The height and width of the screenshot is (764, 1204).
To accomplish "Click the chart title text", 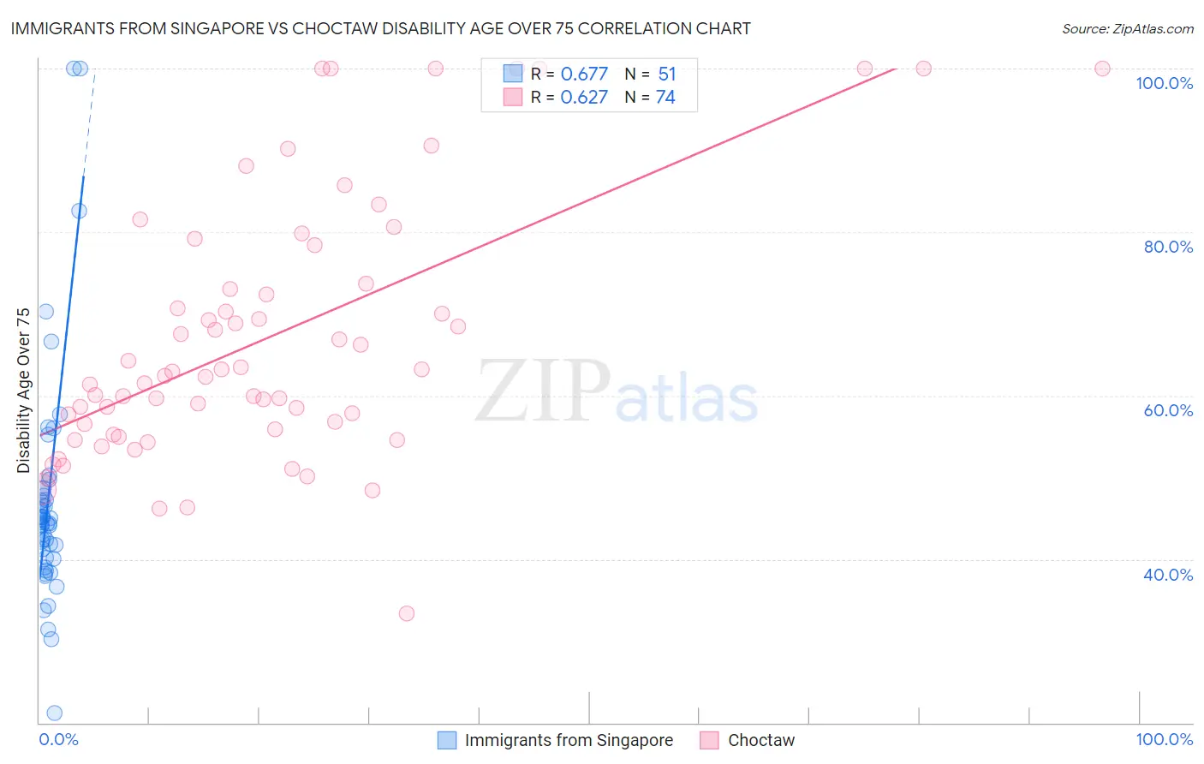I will [380, 28].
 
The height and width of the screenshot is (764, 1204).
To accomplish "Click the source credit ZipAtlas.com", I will [1127, 28].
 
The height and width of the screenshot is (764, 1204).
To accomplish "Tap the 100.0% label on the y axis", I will [1164, 83].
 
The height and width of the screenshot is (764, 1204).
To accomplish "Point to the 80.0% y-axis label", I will [1168, 247].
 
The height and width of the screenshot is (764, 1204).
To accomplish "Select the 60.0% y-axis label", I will [1168, 410].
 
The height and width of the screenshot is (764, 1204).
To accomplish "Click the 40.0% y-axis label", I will [1168, 575].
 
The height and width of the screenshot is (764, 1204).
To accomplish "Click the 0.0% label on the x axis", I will [58, 739].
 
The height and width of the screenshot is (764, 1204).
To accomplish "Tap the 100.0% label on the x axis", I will [1164, 739].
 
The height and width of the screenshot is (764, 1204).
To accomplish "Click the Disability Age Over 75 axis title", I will [23, 390].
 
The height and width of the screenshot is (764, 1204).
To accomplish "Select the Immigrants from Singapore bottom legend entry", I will [568, 740].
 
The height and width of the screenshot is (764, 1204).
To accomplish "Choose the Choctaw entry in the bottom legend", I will [760, 740].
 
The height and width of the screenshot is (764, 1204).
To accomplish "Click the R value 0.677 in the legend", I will [584, 74].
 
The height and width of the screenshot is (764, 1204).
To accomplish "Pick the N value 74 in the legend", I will [665, 97].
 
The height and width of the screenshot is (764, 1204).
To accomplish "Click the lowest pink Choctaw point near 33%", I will [407, 613].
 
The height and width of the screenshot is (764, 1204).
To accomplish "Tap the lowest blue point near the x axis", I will [54, 713].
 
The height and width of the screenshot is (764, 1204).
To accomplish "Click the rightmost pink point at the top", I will [1102, 69].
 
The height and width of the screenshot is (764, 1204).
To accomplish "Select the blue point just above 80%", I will [79, 211].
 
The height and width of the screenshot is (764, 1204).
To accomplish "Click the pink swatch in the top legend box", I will [512, 97].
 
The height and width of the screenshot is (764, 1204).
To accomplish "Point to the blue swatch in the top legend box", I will [512, 74].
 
